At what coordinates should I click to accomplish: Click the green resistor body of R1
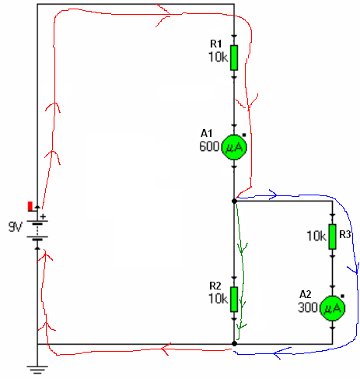(x=234, y=58)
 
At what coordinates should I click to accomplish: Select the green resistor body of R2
(x=234, y=299)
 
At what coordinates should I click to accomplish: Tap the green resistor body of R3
(x=333, y=237)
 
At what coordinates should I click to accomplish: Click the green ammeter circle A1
(x=234, y=147)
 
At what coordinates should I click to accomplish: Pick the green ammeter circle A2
(x=333, y=308)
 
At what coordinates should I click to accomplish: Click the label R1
(x=216, y=44)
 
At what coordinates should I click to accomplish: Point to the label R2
(x=215, y=286)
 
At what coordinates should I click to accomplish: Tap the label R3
(x=345, y=234)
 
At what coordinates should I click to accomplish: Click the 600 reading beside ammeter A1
(x=209, y=146)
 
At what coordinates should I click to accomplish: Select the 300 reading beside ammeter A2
(x=308, y=307)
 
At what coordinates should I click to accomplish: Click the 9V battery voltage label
(x=16, y=226)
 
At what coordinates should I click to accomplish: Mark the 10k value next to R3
(x=316, y=236)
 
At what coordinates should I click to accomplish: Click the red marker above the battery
(x=30, y=206)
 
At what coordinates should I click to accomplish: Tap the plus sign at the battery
(x=43, y=216)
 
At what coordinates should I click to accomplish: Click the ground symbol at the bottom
(x=37, y=369)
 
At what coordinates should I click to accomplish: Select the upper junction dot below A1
(x=234, y=201)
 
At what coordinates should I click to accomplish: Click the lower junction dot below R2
(x=234, y=344)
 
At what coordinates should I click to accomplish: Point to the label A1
(x=207, y=133)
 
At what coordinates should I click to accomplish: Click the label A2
(x=306, y=294)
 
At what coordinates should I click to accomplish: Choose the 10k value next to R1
(x=218, y=57)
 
